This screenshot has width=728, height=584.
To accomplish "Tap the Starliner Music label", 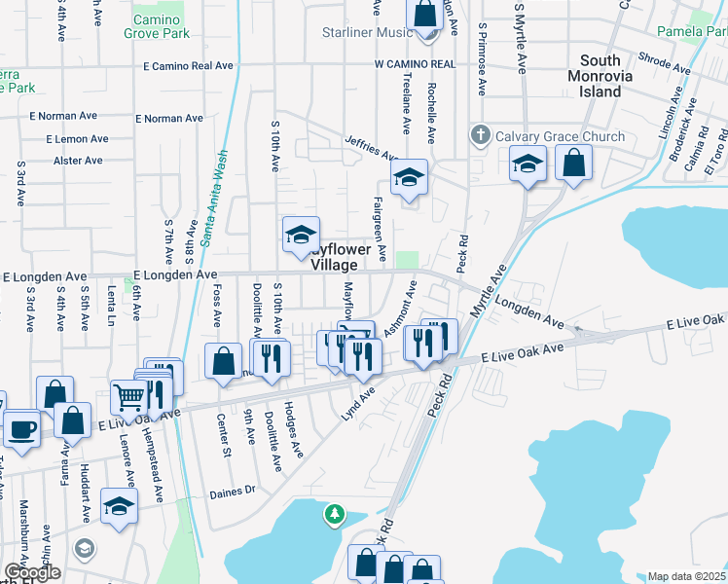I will pos(368,32).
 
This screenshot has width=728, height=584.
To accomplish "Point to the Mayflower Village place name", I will pos(340,257).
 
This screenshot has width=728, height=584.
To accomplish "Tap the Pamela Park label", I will pos(692,32).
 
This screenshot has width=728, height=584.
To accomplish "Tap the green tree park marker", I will pos(335,513).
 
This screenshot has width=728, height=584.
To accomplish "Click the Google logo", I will pos(32,572).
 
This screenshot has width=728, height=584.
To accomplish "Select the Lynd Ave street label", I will pos(358,405).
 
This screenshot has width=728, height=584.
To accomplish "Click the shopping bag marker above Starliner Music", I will pos(425,15).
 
